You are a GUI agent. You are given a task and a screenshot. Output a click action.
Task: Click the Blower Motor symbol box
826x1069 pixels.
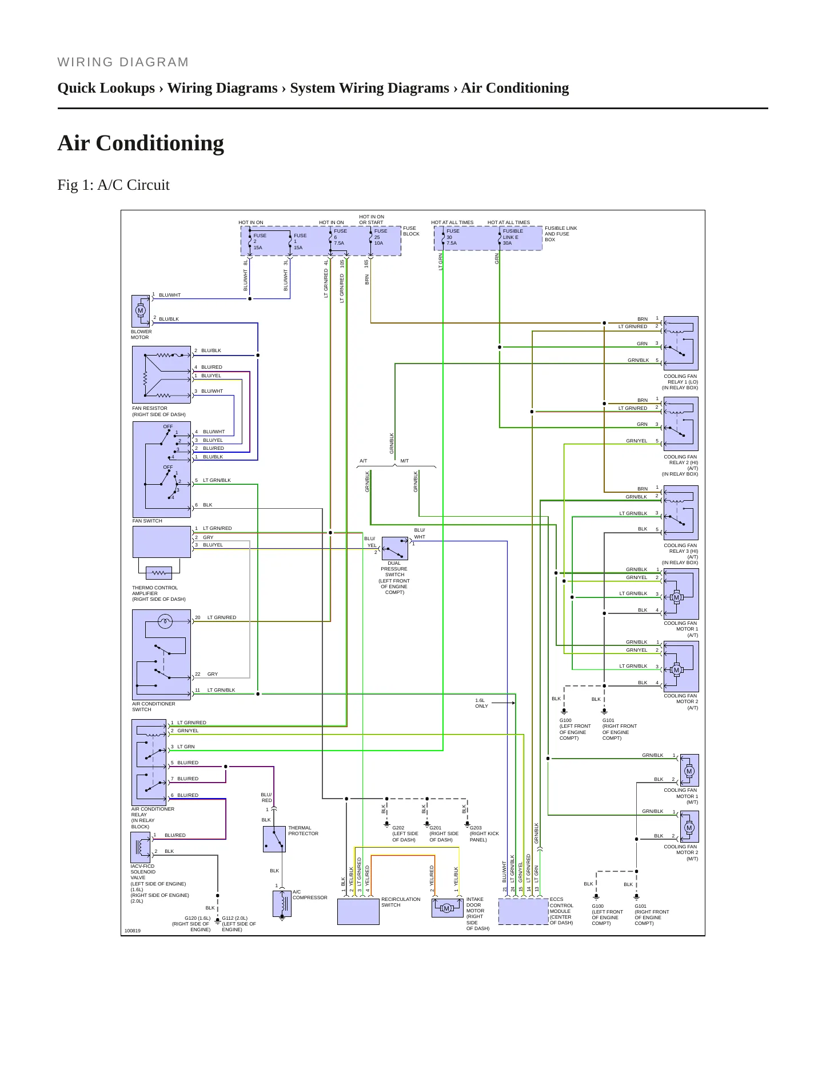[x=141, y=312]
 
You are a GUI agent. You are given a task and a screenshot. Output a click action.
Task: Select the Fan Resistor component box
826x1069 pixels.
[x=162, y=375]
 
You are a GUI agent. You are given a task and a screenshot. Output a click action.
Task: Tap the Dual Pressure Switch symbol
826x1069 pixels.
[x=395, y=549]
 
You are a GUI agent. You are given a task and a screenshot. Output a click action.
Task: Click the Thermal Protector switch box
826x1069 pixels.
[x=274, y=839]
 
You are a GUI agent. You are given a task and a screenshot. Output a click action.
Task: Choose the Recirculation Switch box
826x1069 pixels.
[x=358, y=912]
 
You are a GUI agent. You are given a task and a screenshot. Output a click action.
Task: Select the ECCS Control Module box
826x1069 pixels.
[x=524, y=912]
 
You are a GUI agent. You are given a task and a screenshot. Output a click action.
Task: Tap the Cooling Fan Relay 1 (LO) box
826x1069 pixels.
[x=681, y=344]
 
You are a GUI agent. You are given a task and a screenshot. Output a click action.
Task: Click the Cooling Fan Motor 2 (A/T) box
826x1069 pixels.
[x=681, y=667]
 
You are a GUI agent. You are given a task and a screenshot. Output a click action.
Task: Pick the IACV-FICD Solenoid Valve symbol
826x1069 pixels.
[x=141, y=847]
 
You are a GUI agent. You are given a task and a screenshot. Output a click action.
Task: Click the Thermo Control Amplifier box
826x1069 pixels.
[x=162, y=542]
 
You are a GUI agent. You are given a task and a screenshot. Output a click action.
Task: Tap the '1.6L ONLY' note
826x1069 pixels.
[x=482, y=703]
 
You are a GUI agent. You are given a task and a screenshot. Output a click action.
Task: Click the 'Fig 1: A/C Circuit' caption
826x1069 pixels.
[x=114, y=185]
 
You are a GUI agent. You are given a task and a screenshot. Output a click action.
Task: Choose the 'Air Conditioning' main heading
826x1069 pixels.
[x=141, y=143]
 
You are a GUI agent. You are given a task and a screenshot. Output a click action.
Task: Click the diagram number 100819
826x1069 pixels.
[x=133, y=931]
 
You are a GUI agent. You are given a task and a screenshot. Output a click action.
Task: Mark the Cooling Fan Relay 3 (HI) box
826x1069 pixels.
[x=681, y=513]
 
